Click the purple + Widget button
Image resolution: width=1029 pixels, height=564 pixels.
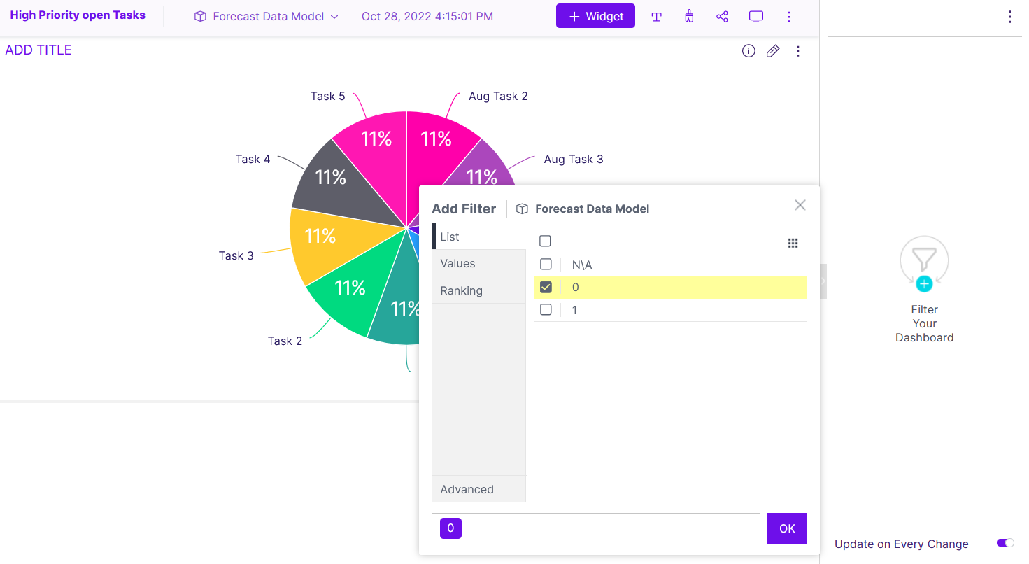point(595,16)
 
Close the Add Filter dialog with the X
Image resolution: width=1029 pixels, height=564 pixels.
point(800,205)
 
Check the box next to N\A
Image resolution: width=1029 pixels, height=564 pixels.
point(546,264)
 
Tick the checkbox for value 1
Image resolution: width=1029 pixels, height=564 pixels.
point(546,309)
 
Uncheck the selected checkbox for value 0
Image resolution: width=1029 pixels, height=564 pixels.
point(546,287)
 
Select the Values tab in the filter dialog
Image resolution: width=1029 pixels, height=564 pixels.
point(457,263)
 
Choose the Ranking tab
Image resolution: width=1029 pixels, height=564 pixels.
point(461,290)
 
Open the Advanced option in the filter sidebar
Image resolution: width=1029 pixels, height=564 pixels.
point(467,489)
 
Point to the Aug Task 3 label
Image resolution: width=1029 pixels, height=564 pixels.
point(573,159)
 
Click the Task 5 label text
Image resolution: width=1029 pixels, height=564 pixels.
point(327,96)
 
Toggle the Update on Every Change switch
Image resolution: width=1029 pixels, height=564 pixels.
point(1005,543)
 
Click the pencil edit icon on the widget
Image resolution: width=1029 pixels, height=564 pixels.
point(773,51)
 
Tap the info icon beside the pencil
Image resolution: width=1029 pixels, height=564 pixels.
point(748,51)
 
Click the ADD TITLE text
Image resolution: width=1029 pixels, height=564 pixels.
point(38,50)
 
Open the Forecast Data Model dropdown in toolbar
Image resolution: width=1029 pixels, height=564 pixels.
point(267,16)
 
